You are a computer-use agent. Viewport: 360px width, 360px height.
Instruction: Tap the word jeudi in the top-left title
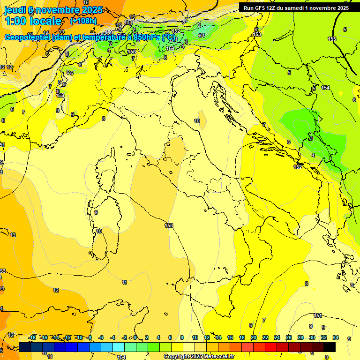coord(15,10)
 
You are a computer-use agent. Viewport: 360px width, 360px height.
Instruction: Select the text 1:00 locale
coord(33,22)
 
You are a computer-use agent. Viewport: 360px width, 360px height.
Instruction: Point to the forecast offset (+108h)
coord(83,21)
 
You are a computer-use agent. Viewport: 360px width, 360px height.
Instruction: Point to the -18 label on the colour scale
coord(32,337)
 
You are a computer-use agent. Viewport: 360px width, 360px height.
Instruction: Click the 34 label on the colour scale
coord(336,337)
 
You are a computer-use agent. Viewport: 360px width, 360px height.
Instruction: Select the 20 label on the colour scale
coord(254,337)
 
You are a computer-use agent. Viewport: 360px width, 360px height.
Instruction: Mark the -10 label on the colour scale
coord(79,337)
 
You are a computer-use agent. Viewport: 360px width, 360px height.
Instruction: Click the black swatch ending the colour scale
coord(330,347)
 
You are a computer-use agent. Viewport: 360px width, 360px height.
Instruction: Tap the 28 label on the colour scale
coord(300,337)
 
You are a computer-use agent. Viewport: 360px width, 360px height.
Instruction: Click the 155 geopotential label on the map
coord(332,39)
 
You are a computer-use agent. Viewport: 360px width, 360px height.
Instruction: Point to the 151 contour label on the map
coord(318,315)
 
